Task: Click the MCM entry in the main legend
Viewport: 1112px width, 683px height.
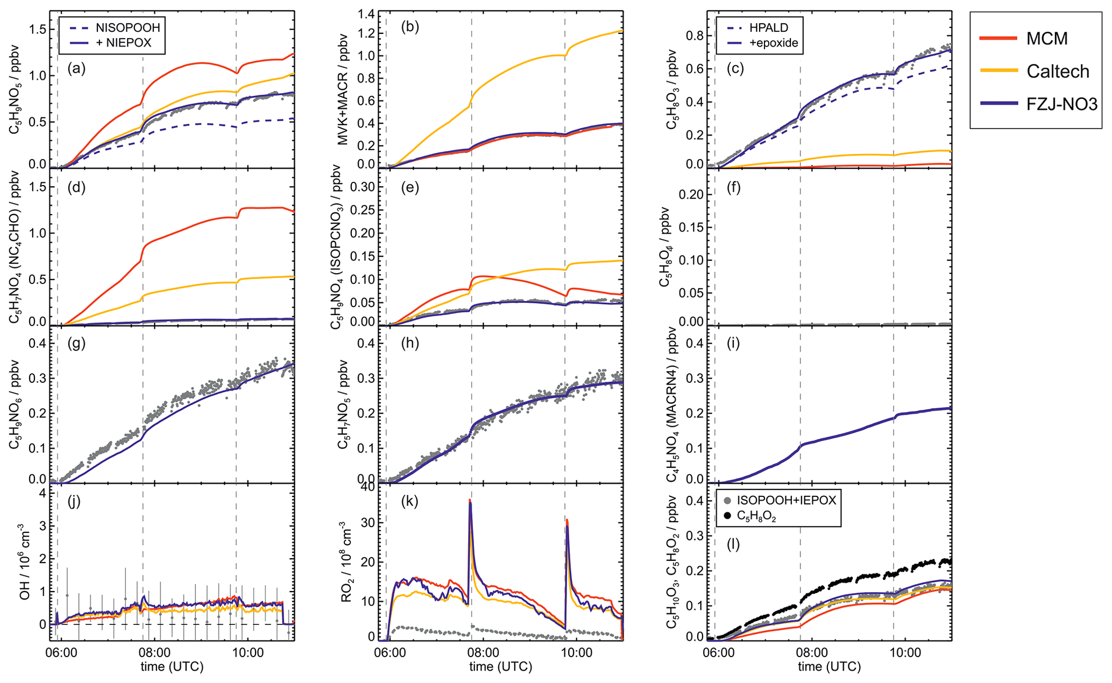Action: pos(1047,38)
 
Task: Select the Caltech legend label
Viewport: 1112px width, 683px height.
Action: pos(1058,71)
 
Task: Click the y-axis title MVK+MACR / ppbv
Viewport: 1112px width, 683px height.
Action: pos(343,89)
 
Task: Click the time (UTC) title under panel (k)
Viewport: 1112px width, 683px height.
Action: pos(501,667)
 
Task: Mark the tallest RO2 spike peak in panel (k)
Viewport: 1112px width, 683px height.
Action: pos(470,501)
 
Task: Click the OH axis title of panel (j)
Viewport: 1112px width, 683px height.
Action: pos(24,562)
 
